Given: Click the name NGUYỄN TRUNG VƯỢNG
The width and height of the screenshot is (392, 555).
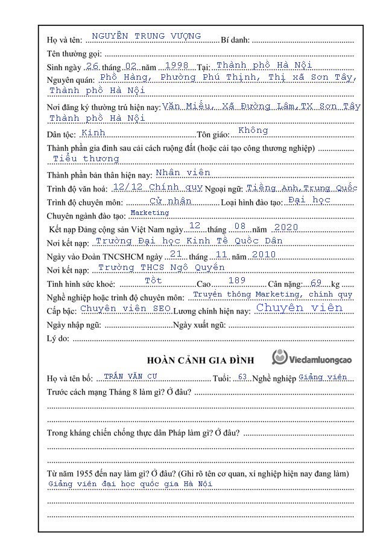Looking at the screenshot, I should click(x=146, y=36).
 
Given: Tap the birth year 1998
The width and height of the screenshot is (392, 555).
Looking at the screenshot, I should click(x=176, y=65).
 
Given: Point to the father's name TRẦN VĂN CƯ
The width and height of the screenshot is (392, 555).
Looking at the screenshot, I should click(x=130, y=376).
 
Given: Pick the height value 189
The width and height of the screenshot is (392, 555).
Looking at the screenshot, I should click(x=237, y=281).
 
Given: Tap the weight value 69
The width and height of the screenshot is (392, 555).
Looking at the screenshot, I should click(x=317, y=283).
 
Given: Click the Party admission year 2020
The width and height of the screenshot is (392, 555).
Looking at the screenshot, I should click(x=286, y=227).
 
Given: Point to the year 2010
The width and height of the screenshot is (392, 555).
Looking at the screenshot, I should click(x=264, y=254).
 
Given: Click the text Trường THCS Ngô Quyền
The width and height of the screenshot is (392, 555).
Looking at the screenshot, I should click(x=161, y=267).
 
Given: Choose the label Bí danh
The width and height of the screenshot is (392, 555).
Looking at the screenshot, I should click(x=235, y=40).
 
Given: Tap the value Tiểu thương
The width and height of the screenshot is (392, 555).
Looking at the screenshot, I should click(x=86, y=158).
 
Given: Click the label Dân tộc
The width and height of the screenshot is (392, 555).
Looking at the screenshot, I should click(x=61, y=134).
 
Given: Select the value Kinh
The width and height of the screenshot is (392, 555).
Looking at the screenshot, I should click(x=93, y=132).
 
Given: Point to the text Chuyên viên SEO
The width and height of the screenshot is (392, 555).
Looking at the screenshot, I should click(x=126, y=308).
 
